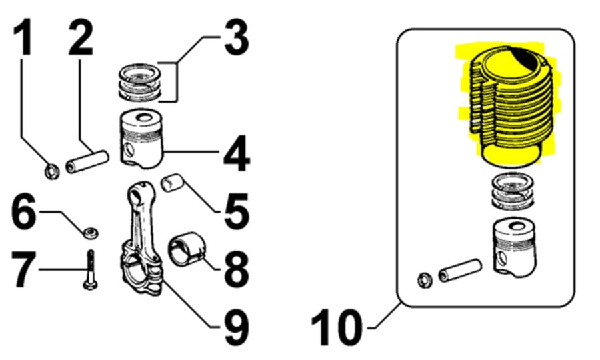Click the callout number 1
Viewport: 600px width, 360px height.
pyautogui.click(x=22, y=37)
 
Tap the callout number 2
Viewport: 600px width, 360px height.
pyautogui.click(x=81, y=37)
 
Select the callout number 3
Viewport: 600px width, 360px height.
pyautogui.click(x=237, y=37)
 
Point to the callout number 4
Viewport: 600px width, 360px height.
pyautogui.click(x=237, y=153)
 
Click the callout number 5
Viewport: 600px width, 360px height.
pyautogui.click(x=237, y=212)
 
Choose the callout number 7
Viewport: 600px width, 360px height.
pyautogui.click(x=23, y=269)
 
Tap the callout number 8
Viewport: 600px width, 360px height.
pyautogui.click(x=237, y=268)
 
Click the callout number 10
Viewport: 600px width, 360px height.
pyautogui.click(x=337, y=327)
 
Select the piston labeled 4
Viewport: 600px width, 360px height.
pyautogui.click(x=141, y=139)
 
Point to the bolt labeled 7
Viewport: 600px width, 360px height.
pyautogui.click(x=91, y=270)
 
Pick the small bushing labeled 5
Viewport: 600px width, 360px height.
pyautogui.click(x=172, y=183)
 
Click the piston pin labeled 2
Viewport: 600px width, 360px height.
pyautogui.click(x=87, y=162)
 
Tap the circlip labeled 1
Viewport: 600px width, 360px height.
pyautogui.click(x=51, y=171)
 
